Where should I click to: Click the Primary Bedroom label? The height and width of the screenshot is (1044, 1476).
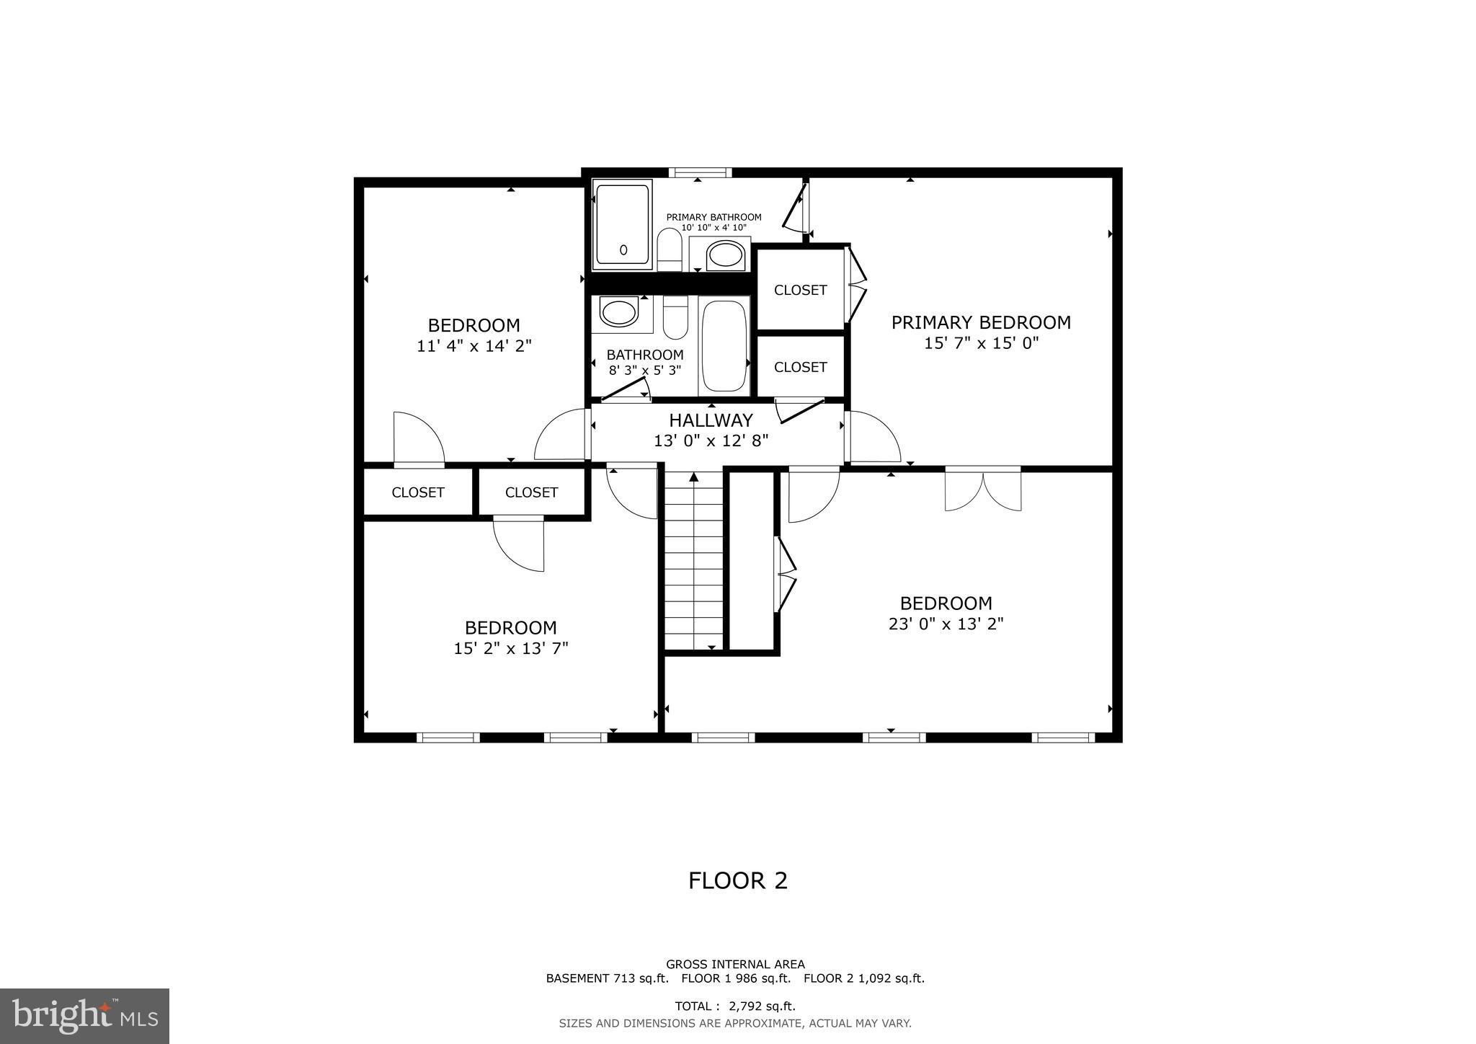[980, 322]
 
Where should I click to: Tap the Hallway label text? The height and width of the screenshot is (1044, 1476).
[711, 420]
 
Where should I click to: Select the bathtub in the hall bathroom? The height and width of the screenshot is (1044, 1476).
[724, 346]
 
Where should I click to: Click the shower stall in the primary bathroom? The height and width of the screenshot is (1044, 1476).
[622, 224]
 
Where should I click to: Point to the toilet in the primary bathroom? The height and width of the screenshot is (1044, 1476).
[670, 249]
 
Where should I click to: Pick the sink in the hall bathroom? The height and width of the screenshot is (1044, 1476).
[619, 314]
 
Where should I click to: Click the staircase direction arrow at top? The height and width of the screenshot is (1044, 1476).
[694, 477]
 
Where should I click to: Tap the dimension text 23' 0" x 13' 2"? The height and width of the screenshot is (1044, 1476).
[946, 624]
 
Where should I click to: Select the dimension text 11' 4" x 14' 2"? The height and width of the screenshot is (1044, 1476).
[474, 346]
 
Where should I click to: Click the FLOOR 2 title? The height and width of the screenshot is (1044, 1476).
[737, 880]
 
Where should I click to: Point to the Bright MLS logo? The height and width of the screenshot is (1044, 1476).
[84, 1016]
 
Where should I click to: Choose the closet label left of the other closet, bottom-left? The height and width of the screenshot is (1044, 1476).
[417, 492]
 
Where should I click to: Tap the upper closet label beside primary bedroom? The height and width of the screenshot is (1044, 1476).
[800, 290]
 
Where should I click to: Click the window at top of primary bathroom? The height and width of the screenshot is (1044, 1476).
[699, 172]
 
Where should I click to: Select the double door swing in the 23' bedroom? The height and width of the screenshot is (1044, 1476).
[983, 490]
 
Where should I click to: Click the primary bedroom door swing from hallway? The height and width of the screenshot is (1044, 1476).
[873, 437]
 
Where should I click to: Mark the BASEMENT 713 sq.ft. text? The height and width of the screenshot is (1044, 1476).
[607, 978]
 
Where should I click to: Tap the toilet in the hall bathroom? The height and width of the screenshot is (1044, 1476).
[675, 318]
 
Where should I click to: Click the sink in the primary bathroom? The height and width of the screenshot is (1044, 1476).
[725, 255]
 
